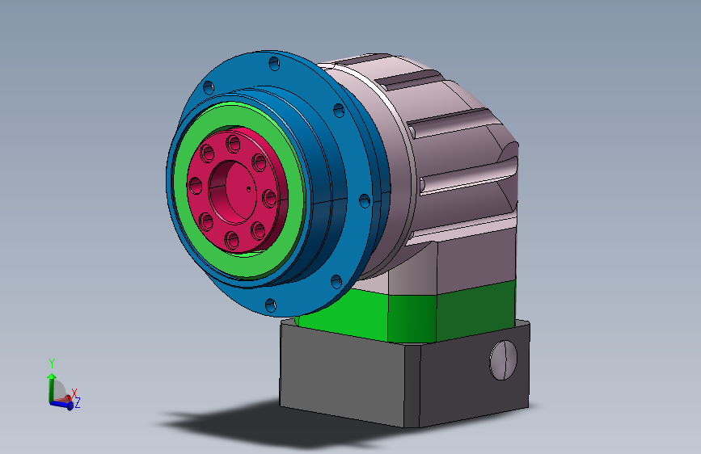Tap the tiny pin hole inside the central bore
tap(247, 190)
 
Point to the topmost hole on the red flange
tap(234, 144)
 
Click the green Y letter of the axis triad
tap(51, 363)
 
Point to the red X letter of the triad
tap(74, 393)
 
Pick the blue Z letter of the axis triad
tap(78, 402)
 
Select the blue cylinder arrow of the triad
tap(61, 404)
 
